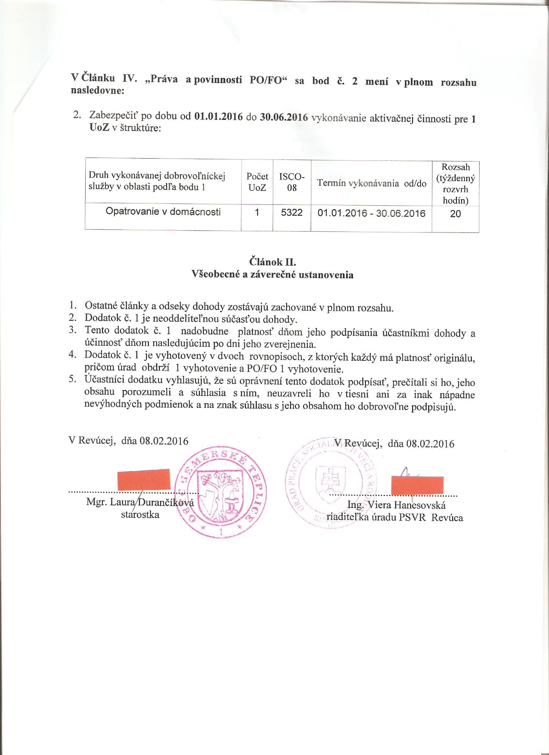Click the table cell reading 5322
point(292,212)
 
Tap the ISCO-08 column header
point(292,182)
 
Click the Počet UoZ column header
point(257,182)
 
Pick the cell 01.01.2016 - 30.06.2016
point(371,213)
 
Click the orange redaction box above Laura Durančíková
point(144,480)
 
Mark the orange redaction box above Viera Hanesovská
point(417,486)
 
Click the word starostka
point(140,515)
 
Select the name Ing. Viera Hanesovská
point(396,505)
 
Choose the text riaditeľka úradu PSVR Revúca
point(395,518)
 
